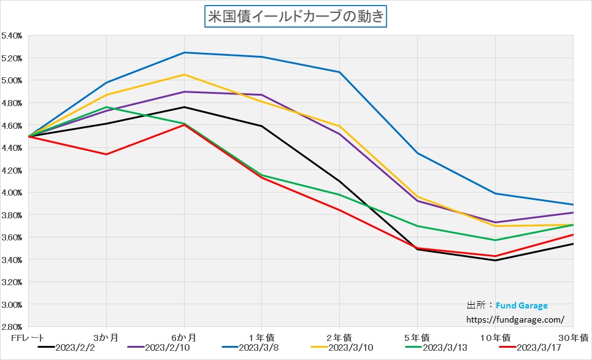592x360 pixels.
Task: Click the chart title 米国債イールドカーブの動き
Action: click(295, 15)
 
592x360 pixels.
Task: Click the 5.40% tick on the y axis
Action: click(12, 36)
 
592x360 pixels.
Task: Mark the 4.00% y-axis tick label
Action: click(12, 193)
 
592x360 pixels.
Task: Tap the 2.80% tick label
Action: click(12, 327)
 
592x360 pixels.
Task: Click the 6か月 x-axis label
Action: click(184, 337)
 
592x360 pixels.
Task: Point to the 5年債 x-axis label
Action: click(417, 337)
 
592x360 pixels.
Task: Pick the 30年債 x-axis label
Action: click(575, 337)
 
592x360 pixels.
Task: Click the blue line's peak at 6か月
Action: click(184, 53)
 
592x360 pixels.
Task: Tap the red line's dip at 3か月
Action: click(107, 154)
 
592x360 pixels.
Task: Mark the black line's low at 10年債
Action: click(495, 260)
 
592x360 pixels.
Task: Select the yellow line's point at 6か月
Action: click(184, 75)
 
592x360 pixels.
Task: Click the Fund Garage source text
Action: click(521, 305)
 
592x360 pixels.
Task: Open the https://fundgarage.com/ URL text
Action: click(515, 320)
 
